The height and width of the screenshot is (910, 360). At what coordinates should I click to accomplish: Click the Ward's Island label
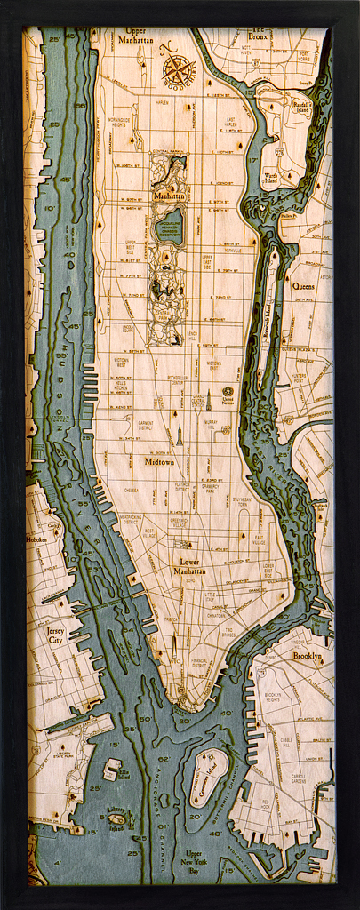(271, 180)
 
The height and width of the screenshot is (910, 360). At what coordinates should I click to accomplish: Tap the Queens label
(303, 286)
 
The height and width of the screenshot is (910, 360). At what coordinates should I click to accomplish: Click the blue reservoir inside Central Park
(169, 227)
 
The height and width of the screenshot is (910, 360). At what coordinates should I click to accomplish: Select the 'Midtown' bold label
(159, 462)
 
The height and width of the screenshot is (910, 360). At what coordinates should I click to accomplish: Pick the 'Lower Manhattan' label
(189, 566)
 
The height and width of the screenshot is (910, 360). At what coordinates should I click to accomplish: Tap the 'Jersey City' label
(55, 635)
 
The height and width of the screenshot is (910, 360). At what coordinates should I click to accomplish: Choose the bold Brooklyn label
(307, 656)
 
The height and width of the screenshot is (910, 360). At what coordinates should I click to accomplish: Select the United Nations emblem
(228, 393)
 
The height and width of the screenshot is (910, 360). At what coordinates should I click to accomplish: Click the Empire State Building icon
(178, 434)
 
